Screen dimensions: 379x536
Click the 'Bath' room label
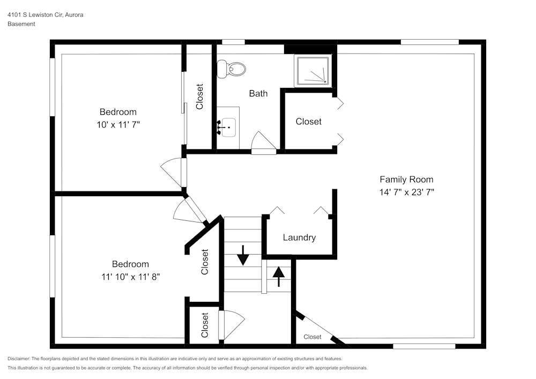[258, 93]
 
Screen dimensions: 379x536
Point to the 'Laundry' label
[299, 237]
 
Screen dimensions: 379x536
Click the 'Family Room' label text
[406, 180]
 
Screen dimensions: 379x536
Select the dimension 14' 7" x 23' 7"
[406, 192]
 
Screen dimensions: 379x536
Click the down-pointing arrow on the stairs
[243, 255]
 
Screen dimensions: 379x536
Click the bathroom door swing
[263, 142]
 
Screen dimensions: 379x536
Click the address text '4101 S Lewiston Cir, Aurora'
[45, 15]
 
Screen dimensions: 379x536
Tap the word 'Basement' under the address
[21, 24]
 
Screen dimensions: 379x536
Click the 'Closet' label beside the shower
[309, 122]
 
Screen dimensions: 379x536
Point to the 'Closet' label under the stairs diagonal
[312, 337]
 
